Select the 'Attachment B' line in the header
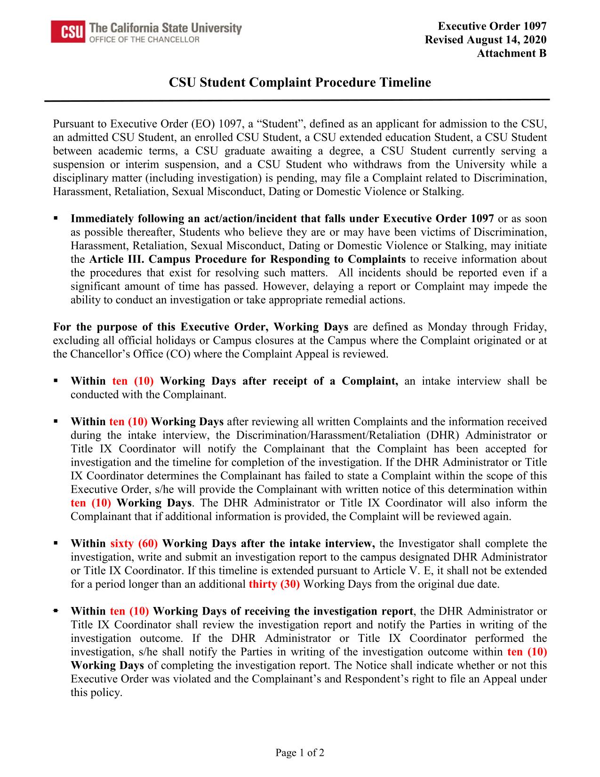pyautogui.click(x=512, y=53)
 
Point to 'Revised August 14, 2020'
pyautogui.click(x=486, y=40)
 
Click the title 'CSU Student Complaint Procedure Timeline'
pyautogui.click(x=300, y=83)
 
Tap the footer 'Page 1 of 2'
pyautogui.click(x=300, y=753)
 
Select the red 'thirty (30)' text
pyautogui.click(x=274, y=584)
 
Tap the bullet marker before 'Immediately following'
pyautogui.click(x=56, y=219)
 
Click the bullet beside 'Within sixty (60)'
pyautogui.click(x=56, y=543)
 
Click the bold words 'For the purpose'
pyautogui.click(x=90, y=327)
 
